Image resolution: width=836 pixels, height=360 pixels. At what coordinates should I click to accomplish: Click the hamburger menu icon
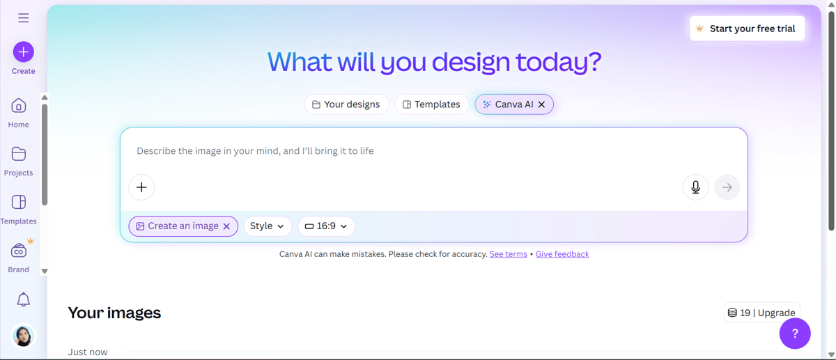(24, 18)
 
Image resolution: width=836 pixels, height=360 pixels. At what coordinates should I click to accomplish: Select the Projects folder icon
(19, 154)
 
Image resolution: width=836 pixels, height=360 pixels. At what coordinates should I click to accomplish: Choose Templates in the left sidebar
(19, 202)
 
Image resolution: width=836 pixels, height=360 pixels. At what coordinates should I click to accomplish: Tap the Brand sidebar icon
(19, 251)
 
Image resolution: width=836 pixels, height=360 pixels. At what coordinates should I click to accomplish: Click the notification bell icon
(23, 299)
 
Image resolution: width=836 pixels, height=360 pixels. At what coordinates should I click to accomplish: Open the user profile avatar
(24, 336)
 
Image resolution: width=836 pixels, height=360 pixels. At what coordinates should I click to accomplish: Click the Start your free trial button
(747, 29)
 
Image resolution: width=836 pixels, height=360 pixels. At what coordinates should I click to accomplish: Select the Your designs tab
(346, 104)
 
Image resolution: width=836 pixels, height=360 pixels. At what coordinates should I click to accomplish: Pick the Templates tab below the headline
(432, 104)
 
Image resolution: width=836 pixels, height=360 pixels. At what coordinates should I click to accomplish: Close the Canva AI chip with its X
(542, 104)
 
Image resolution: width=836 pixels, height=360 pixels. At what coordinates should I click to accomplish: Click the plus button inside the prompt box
(141, 187)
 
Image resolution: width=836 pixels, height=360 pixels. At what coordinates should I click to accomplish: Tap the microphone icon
(695, 187)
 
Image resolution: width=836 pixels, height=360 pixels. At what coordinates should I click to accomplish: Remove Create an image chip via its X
(226, 226)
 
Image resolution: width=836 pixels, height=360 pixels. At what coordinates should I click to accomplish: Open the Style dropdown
(267, 226)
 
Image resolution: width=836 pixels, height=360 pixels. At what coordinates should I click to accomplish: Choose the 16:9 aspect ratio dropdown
(326, 226)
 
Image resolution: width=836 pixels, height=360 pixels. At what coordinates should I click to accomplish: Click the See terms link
(508, 254)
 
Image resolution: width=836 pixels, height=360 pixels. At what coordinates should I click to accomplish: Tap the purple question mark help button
(795, 334)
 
